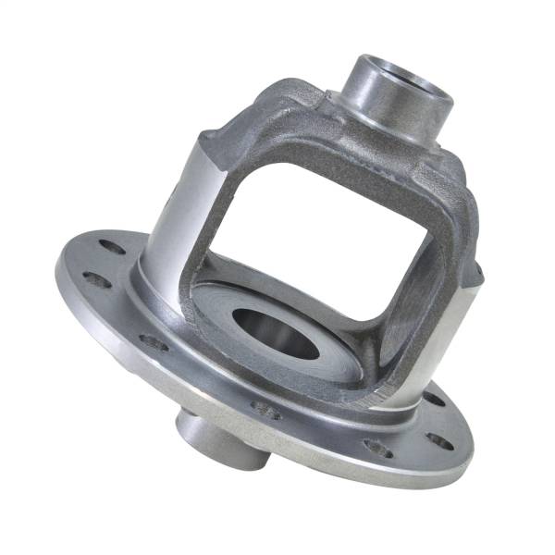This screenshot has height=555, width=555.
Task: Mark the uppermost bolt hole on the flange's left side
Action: pos(111,247)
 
